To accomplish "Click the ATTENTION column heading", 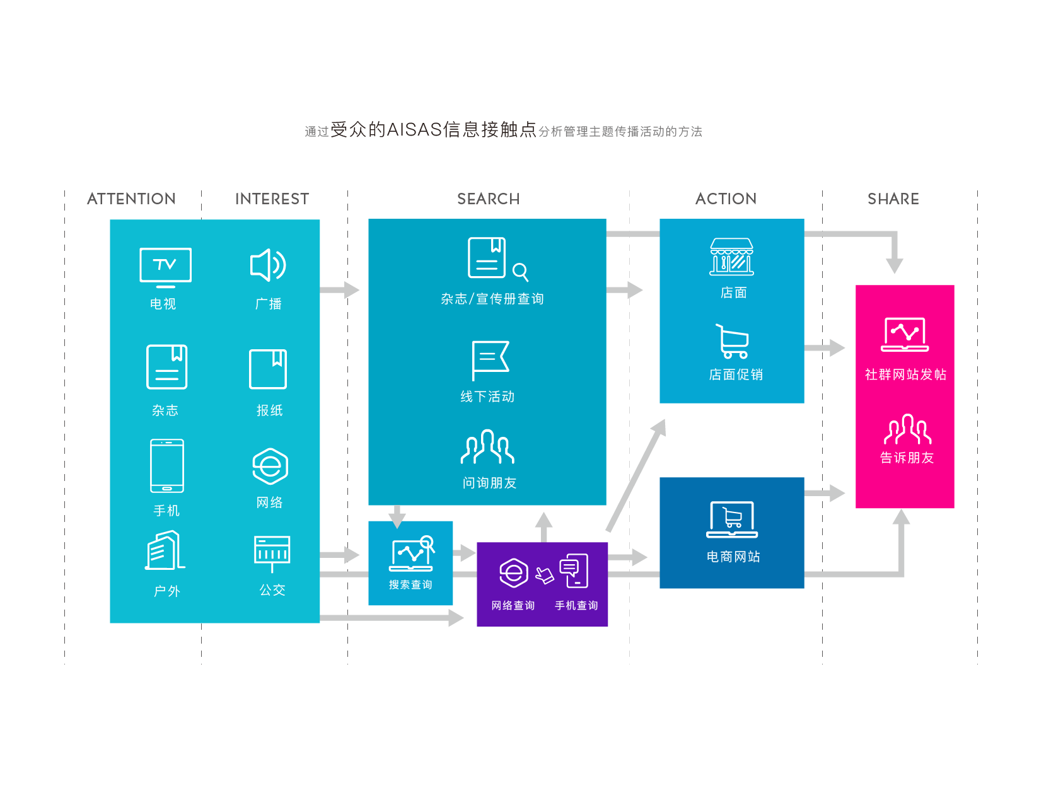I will pyautogui.click(x=131, y=199).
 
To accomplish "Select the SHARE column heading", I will pyautogui.click(x=893, y=199).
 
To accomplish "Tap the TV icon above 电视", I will pyautogui.click(x=165, y=267).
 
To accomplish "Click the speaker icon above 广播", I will pyautogui.click(x=269, y=265).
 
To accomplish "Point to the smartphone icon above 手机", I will pyautogui.click(x=167, y=466).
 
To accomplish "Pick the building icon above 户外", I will pyautogui.click(x=165, y=550).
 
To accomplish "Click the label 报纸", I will pyautogui.click(x=269, y=410).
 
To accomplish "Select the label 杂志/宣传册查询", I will pyautogui.click(x=492, y=299).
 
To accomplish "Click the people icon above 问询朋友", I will pyautogui.click(x=487, y=446).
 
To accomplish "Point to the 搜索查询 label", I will pyautogui.click(x=410, y=585).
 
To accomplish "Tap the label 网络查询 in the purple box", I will pyautogui.click(x=513, y=606).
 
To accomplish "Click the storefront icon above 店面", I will pyautogui.click(x=731, y=257).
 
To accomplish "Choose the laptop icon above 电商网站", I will pyautogui.click(x=732, y=519).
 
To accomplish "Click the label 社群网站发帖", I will pyautogui.click(x=905, y=374).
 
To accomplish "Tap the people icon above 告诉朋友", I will pyautogui.click(x=907, y=429).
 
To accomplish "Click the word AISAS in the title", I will pyautogui.click(x=414, y=130).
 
